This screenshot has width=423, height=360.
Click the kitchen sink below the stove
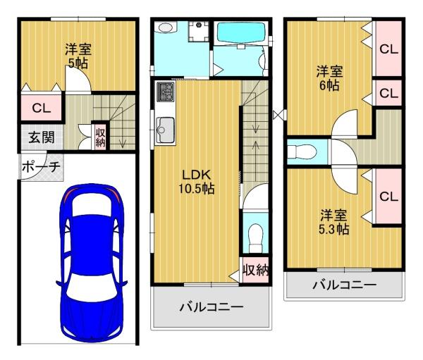tap(166, 129)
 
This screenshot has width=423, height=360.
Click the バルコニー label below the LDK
tap(210, 308)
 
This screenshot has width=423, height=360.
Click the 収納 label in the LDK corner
tap(255, 270)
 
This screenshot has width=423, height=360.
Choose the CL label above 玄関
tap(40, 108)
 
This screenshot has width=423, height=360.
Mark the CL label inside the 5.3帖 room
tap(388, 197)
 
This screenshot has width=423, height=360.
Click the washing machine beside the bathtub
tap(199, 32)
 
